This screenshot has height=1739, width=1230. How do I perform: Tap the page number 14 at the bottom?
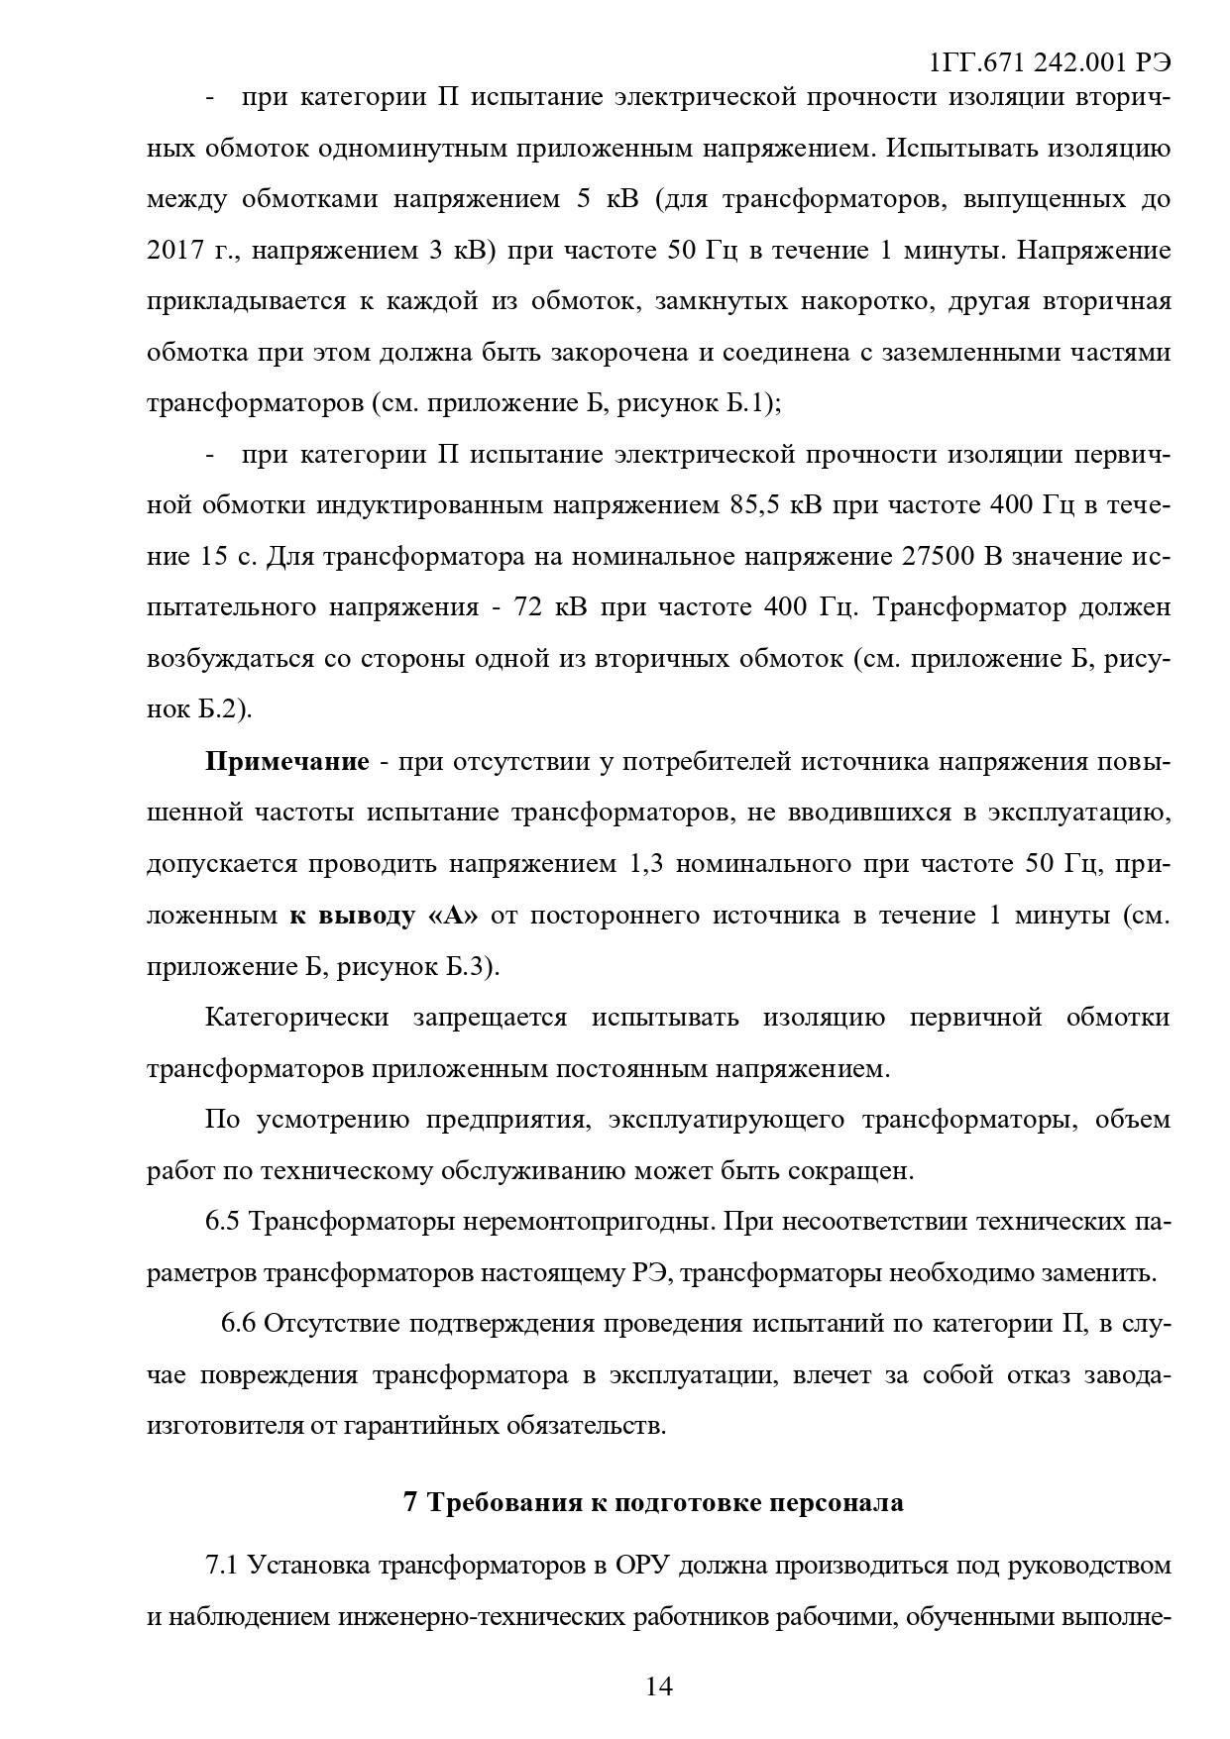[x=658, y=1685]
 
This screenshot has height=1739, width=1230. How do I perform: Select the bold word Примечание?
[x=286, y=762]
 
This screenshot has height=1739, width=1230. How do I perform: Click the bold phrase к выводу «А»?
[x=384, y=915]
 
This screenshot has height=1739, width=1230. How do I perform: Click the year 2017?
[x=175, y=251]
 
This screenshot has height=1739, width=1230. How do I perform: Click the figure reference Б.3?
[x=467, y=966]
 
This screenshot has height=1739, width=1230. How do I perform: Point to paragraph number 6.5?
[x=223, y=1221]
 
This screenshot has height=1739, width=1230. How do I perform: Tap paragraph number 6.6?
[x=238, y=1323]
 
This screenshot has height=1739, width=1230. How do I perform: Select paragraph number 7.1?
[x=223, y=1565]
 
